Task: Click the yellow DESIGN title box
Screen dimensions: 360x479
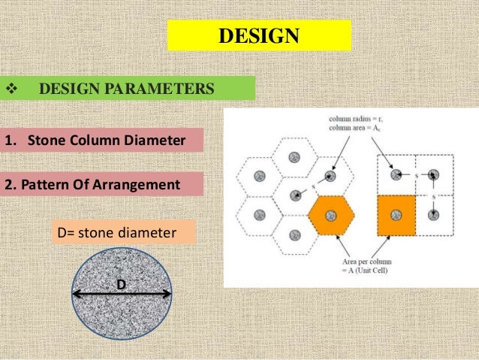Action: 259,35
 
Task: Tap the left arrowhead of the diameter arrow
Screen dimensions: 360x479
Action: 76,295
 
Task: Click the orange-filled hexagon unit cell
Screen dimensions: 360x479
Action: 331,215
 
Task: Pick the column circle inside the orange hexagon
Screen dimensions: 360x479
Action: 332,214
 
